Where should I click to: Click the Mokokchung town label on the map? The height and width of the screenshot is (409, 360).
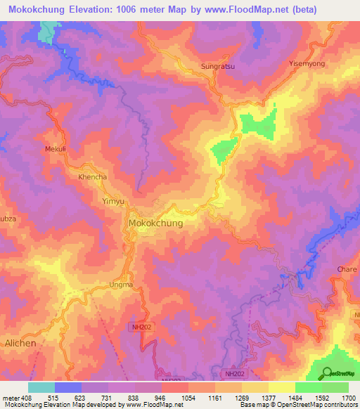pyautogui.click(x=155, y=223)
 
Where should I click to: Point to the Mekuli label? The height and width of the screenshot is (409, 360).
pyautogui.click(x=55, y=149)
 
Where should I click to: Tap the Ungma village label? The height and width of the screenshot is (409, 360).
pyautogui.click(x=120, y=285)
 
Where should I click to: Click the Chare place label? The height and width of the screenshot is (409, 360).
pyautogui.click(x=347, y=269)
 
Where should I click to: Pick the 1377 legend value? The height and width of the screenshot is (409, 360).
pyautogui.click(x=259, y=398)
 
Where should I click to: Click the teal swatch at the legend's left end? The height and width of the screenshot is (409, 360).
pyautogui.click(x=41, y=387)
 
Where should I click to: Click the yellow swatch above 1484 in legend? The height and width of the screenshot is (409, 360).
pyautogui.click(x=282, y=387)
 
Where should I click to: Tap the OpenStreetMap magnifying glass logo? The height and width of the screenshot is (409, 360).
pyautogui.click(x=326, y=373)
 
